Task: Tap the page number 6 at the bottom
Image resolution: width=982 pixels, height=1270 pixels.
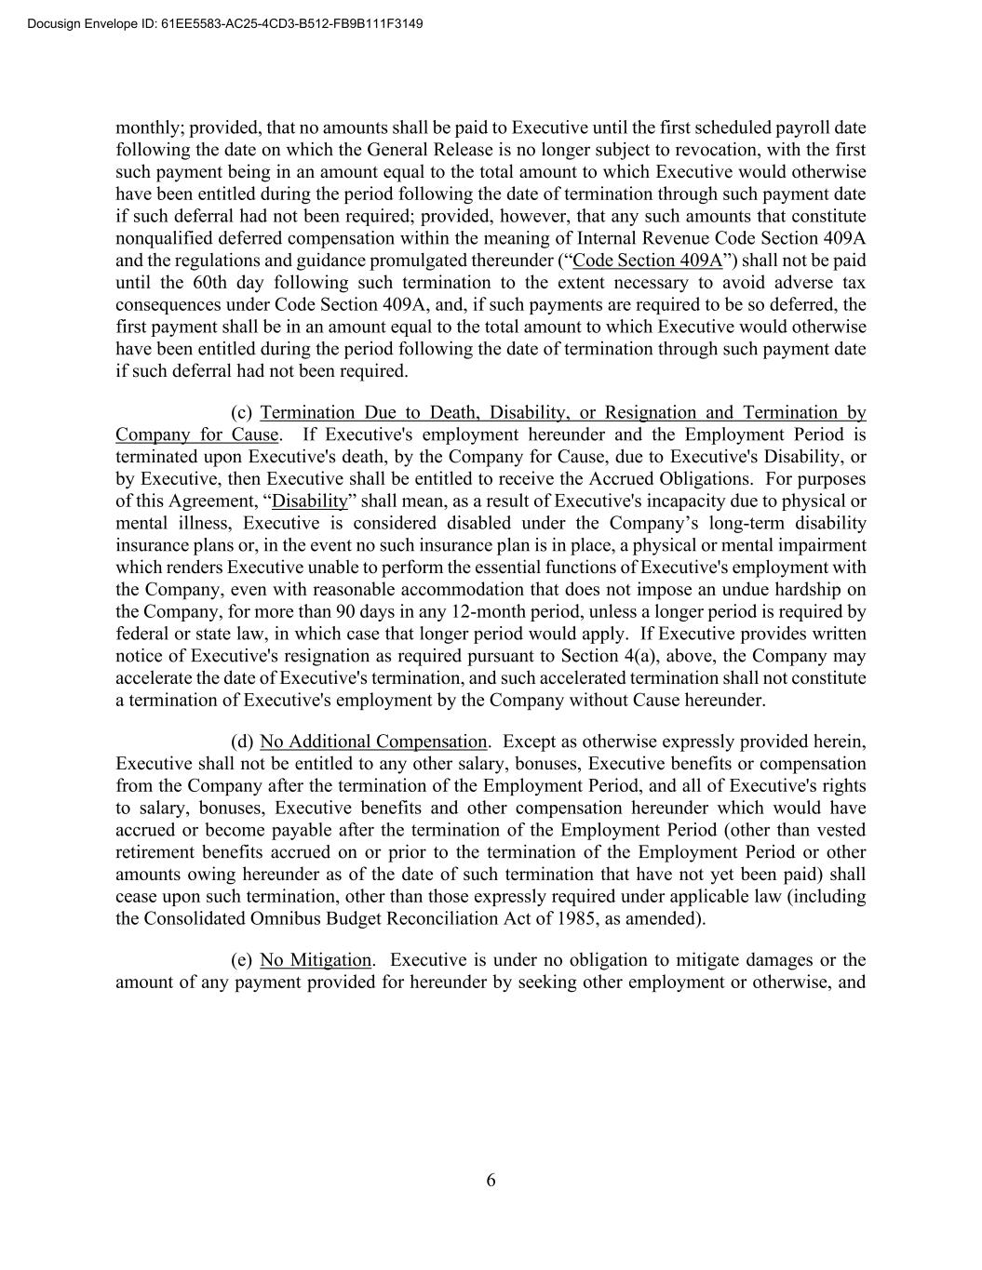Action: [491, 1181]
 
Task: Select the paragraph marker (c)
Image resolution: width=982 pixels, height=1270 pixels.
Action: [241, 412]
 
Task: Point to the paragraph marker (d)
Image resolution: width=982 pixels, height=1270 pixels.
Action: [241, 742]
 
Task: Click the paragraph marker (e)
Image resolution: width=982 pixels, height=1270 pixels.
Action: [241, 960]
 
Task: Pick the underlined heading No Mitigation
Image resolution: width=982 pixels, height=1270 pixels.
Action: [316, 960]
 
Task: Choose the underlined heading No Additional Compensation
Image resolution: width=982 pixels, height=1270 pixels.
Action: [373, 742]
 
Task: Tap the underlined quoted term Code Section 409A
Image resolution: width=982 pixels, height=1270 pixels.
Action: [648, 261]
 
